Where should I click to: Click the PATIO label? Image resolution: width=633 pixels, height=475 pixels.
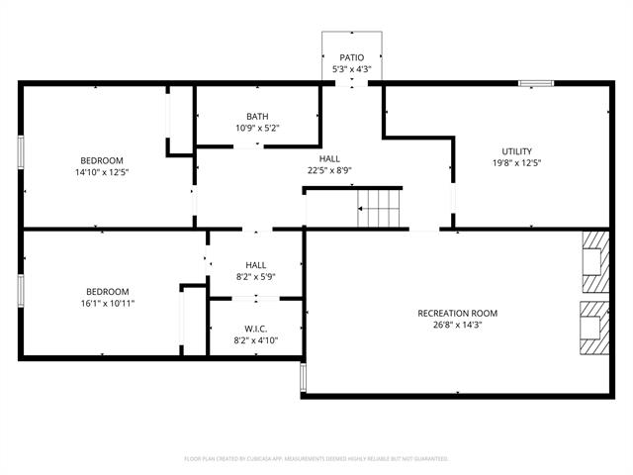click(x=352, y=57)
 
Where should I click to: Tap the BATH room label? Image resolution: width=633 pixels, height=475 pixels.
click(x=257, y=117)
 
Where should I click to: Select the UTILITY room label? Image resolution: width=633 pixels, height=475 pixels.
click(x=516, y=151)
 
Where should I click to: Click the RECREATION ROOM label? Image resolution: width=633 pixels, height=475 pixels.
click(x=457, y=313)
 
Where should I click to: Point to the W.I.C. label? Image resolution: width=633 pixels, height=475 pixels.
click(x=256, y=329)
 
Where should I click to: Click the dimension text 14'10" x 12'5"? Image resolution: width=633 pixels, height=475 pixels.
click(x=102, y=172)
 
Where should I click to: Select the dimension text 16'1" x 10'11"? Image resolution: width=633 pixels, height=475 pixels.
click(x=108, y=304)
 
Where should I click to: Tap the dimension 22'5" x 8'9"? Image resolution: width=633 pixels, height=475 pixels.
click(x=329, y=170)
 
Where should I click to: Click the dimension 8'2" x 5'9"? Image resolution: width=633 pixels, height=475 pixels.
click(x=256, y=277)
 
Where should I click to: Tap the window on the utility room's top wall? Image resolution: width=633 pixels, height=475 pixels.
click(x=536, y=83)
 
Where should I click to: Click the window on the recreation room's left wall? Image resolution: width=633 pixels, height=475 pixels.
click(x=304, y=377)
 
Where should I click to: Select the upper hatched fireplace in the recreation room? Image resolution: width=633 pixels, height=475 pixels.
click(x=595, y=261)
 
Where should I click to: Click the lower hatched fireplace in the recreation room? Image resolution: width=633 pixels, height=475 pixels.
click(x=594, y=328)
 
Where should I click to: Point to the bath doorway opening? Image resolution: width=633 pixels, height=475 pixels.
click(x=248, y=146)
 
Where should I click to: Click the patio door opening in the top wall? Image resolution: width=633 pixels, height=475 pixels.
click(x=352, y=83)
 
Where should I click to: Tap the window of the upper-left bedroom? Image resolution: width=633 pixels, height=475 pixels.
click(x=21, y=152)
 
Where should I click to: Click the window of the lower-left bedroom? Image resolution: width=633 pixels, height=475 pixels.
click(x=21, y=291)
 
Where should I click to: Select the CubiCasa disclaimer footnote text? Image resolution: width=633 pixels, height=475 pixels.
click(x=316, y=459)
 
